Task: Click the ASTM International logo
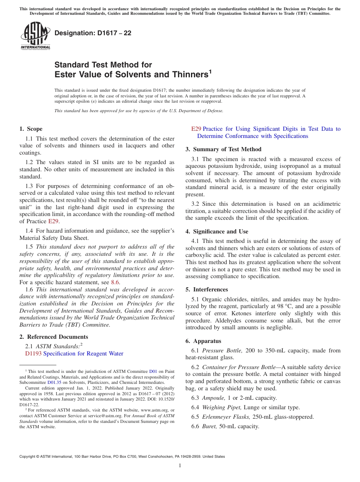35,36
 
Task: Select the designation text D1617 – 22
93,33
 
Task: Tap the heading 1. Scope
31,129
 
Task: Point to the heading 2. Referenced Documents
54,337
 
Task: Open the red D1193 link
33,354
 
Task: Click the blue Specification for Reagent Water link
83,354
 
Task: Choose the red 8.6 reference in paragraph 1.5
115,282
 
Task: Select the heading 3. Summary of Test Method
224,149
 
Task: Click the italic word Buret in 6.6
210,426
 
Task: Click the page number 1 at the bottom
180,466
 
